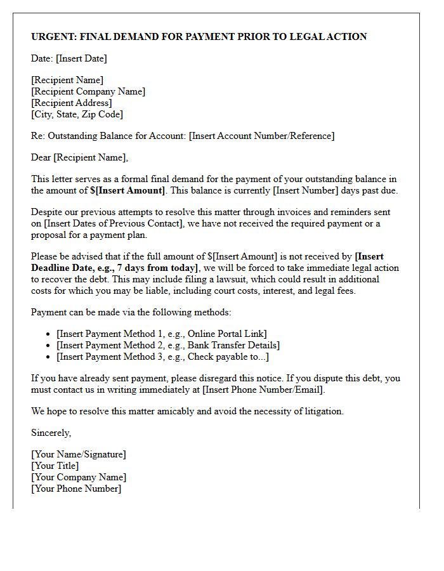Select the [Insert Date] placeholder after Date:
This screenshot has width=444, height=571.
[81, 58]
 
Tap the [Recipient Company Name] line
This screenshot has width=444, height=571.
[88, 91]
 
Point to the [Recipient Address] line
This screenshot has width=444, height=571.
[72, 103]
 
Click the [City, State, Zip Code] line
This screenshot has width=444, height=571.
[77, 114]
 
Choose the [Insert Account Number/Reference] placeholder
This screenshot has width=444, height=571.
[261, 136]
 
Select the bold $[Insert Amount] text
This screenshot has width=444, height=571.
[127, 190]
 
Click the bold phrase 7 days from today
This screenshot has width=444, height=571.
[157, 268]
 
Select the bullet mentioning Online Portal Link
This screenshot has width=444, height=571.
[162, 334]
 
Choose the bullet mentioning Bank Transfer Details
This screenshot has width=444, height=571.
[168, 345]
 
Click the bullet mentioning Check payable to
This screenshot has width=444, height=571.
[162, 357]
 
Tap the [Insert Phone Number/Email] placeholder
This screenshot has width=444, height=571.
[263, 390]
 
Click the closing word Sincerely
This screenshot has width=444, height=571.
[51, 433]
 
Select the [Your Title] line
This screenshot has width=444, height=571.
[55, 466]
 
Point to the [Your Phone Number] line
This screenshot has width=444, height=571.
[76, 489]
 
